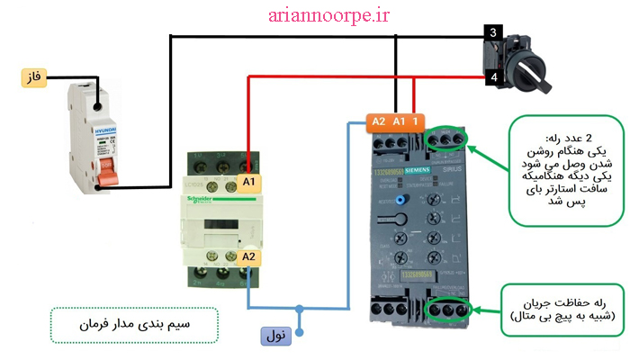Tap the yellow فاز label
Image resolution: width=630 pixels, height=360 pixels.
(34, 78)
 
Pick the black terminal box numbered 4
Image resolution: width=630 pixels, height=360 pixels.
(492, 79)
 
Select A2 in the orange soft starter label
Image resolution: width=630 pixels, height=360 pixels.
(379, 121)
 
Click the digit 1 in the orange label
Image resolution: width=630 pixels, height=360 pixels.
(416, 121)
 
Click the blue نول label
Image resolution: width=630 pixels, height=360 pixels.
(277, 337)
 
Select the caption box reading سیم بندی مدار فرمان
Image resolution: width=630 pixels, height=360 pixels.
(134, 322)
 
